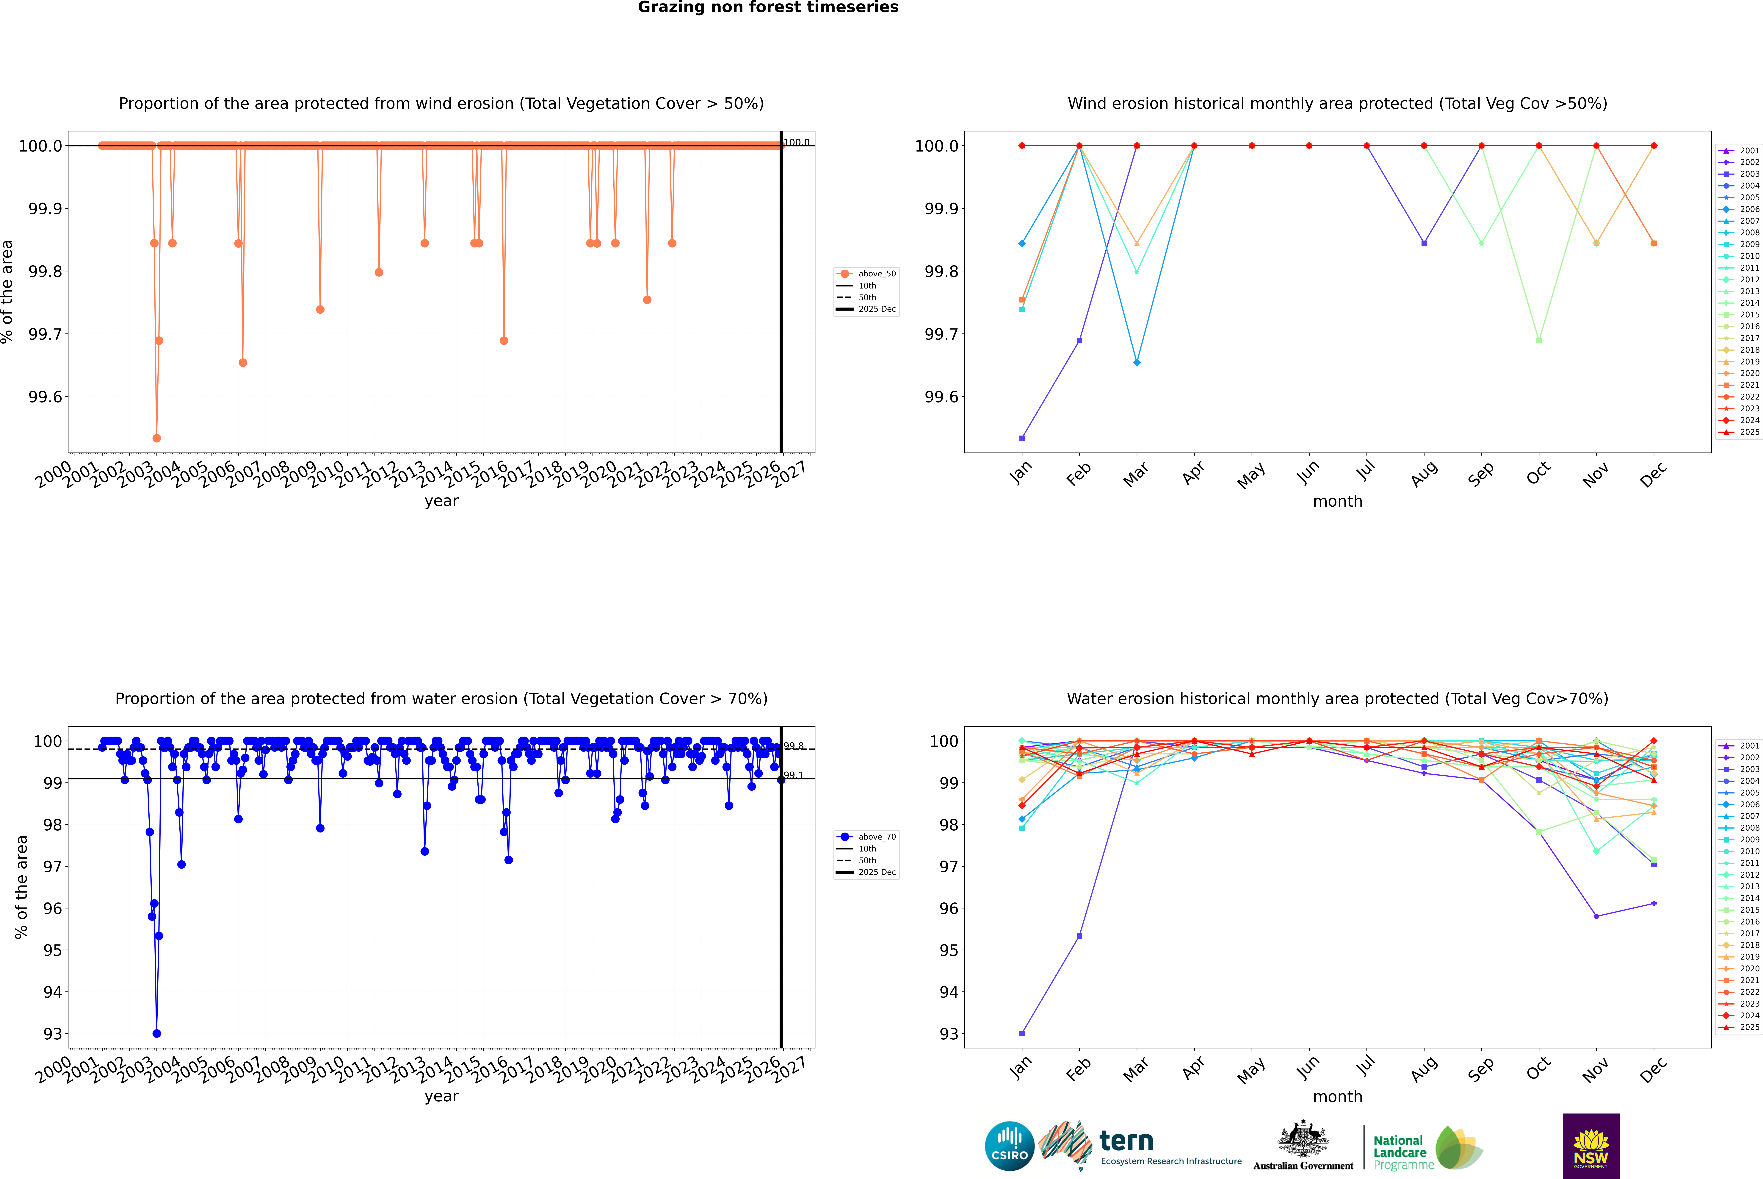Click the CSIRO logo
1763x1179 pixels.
click(1009, 1146)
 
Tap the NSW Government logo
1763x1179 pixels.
click(1591, 1146)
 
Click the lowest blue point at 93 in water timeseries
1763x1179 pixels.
click(156, 1033)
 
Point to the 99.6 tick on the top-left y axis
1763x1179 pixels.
click(45, 397)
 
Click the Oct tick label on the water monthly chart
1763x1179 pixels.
click(1538, 1069)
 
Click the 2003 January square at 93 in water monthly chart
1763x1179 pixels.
click(1022, 1033)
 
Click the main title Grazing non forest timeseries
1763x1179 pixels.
click(768, 7)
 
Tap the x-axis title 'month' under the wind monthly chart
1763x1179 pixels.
click(1337, 502)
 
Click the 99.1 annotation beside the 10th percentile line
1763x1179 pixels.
click(794, 775)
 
